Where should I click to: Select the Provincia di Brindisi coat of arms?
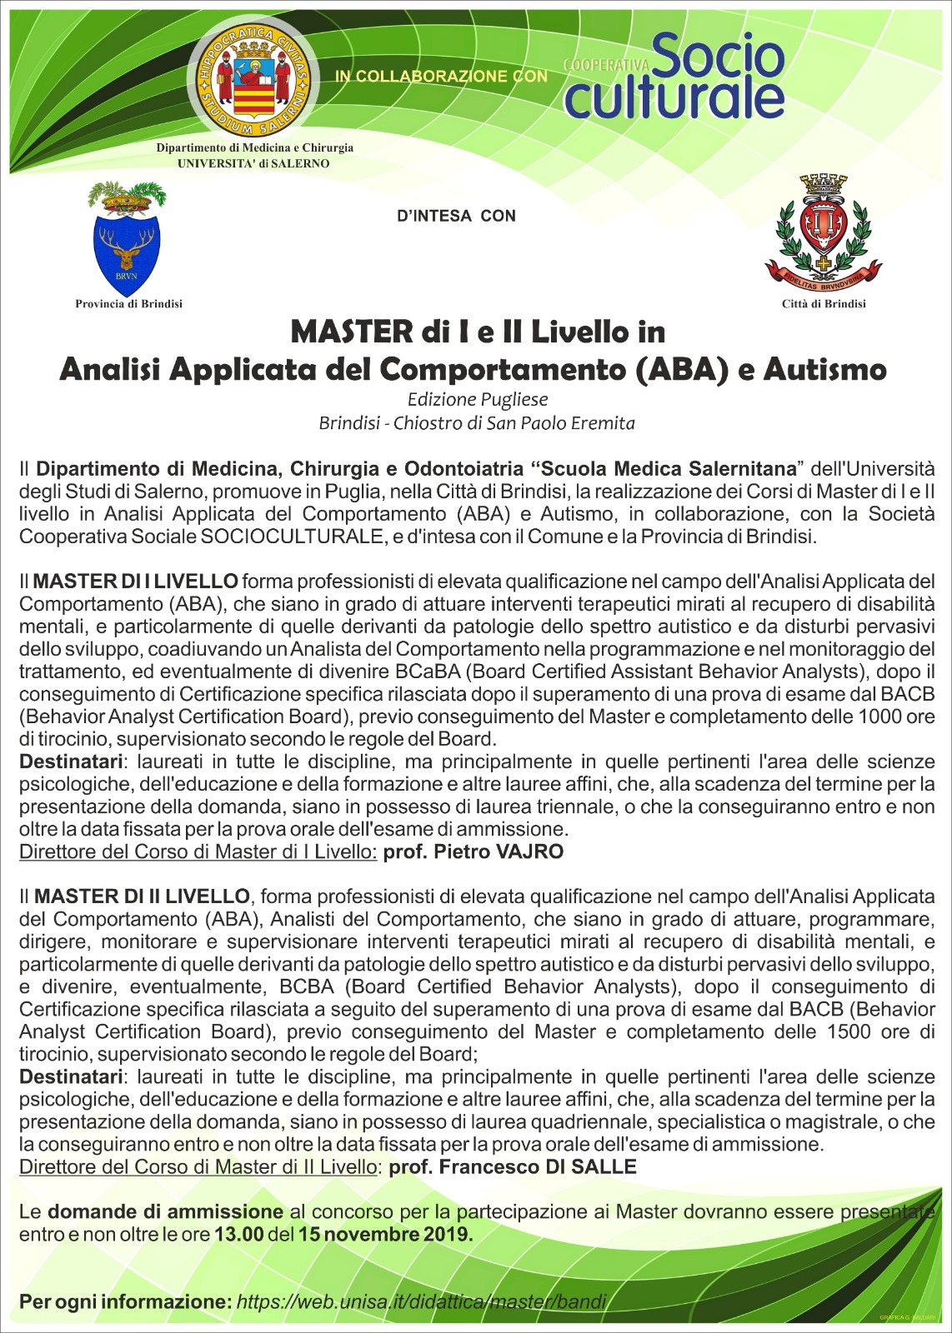128,238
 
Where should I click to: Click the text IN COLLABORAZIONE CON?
441,76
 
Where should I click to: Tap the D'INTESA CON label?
457,217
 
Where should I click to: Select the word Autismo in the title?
824,368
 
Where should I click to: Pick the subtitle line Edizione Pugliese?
477,399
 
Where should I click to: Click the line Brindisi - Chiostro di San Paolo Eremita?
477,423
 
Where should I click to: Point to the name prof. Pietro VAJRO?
473,851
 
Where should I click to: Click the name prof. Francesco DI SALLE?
513,1166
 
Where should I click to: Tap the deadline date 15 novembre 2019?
385,1234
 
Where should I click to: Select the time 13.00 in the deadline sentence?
238,1234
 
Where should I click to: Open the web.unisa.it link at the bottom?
422,1301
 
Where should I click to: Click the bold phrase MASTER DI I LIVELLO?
136,581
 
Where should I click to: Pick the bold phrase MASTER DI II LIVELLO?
142,896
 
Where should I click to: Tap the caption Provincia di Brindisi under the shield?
128,304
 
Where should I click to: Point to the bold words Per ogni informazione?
125,1301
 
